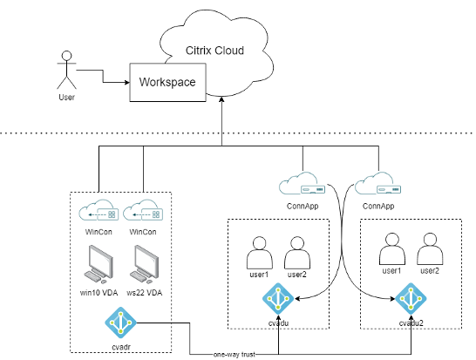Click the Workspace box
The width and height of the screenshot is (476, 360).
point(168,82)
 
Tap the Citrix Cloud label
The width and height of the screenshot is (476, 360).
point(214,51)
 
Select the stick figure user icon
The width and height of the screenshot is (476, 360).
point(67,70)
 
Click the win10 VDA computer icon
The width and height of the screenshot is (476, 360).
point(99,264)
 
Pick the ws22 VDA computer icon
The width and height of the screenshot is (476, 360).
point(144,264)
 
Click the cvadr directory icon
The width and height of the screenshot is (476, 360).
point(120,323)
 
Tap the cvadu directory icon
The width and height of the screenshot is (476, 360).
point(278,299)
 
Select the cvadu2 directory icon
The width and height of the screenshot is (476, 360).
point(411,299)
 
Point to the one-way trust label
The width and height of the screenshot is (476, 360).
point(235,354)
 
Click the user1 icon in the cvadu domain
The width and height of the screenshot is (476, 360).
point(259,253)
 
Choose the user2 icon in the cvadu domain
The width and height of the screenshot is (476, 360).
point(297,253)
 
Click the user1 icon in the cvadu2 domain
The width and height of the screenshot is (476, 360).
point(392,249)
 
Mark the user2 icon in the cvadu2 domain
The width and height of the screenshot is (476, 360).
point(430,249)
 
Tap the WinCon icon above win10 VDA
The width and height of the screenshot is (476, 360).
point(99,210)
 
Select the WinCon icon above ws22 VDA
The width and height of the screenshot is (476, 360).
point(143,210)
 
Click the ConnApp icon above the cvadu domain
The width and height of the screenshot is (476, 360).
point(303,183)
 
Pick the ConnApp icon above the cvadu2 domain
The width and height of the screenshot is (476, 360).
point(378,183)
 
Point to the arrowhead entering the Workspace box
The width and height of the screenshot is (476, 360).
point(127,82)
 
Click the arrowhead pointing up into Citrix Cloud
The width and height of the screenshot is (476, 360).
point(222,99)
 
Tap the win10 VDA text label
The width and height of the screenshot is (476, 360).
point(99,293)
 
